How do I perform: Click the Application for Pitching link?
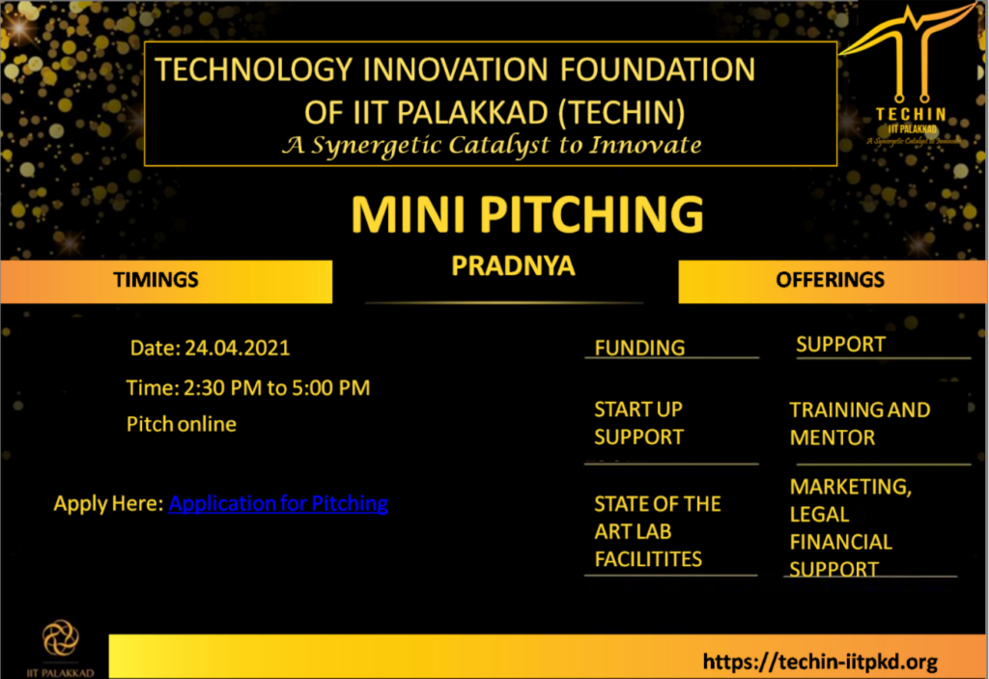(278, 503)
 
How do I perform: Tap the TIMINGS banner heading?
(155, 279)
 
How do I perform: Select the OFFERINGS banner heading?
(830, 279)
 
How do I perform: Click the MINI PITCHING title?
(527, 213)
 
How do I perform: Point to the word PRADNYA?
(514, 266)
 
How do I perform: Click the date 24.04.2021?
(238, 348)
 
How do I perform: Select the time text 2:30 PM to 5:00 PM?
(277, 387)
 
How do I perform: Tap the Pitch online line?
(182, 424)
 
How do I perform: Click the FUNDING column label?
(639, 348)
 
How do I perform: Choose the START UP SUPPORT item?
(639, 423)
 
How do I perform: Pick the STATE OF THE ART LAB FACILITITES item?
(657, 531)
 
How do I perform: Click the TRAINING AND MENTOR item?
(860, 423)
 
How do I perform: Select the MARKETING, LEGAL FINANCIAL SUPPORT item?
(851, 527)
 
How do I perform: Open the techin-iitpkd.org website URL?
(820, 662)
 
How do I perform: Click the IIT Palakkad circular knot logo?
(61, 637)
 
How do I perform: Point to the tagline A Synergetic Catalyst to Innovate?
(492, 145)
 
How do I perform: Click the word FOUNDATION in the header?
(658, 70)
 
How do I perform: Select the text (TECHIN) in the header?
(621, 113)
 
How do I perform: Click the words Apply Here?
(108, 503)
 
